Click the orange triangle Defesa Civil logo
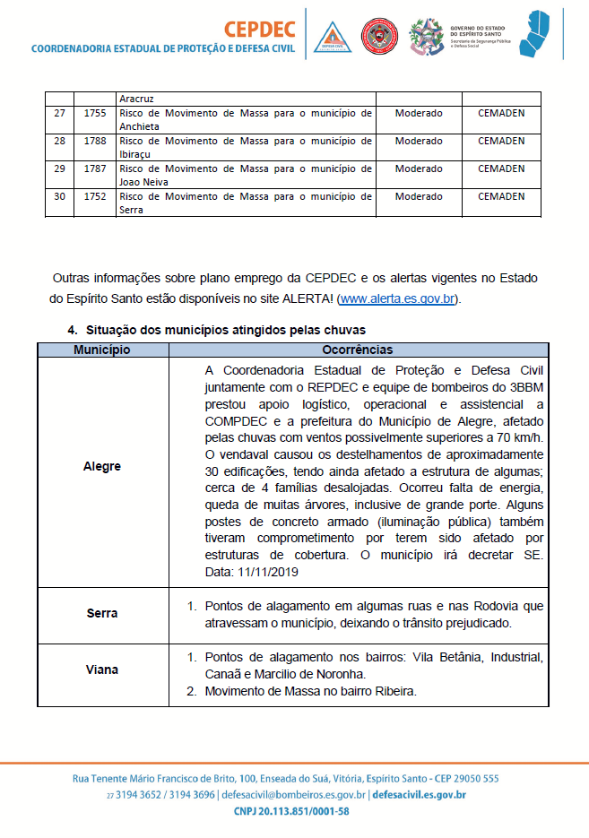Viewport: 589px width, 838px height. [332, 37]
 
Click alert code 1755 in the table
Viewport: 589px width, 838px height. [94, 114]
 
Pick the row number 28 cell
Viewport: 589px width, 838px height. [59, 141]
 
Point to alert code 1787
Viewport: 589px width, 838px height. [94, 168]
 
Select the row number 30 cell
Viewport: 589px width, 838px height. [59, 196]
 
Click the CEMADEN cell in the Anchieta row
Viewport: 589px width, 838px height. [501, 114]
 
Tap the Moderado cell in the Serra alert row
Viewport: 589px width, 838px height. [419, 196]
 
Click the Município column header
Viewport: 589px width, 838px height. [101, 350]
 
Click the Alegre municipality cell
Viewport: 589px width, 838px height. [101, 466]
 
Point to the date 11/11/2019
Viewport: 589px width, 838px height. [266, 572]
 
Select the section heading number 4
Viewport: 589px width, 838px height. [73, 330]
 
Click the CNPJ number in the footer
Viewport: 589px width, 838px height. [294, 811]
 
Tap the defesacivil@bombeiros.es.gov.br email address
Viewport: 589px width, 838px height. [293, 795]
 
